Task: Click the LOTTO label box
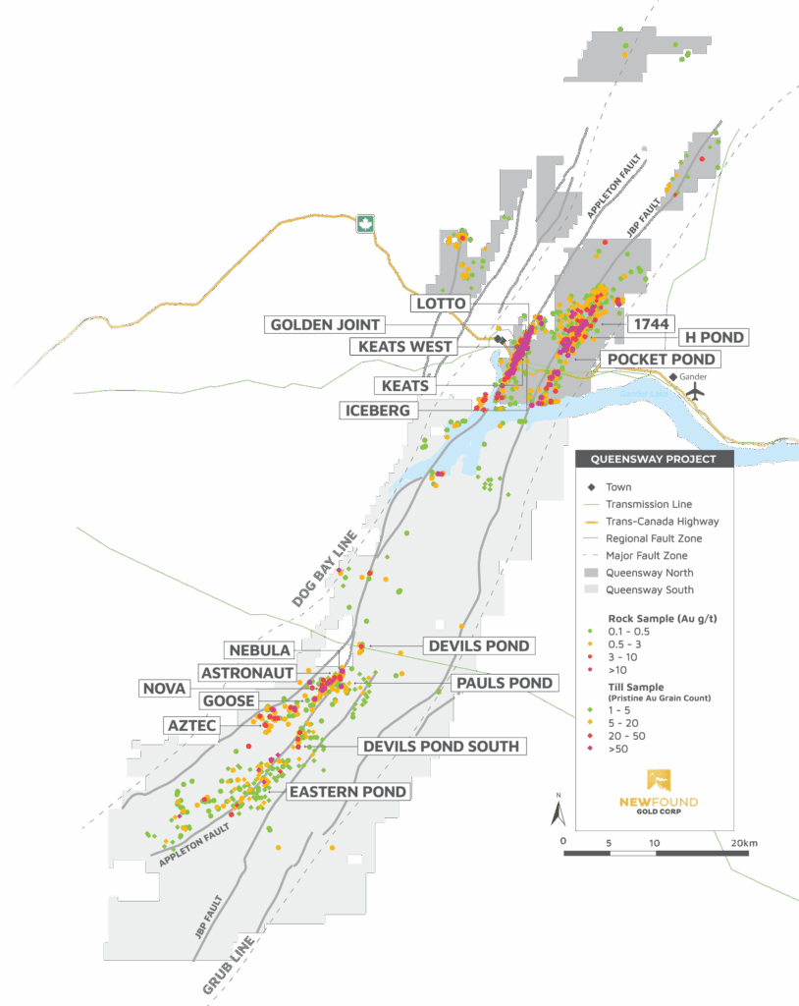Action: coord(440,304)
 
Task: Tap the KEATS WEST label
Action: coord(405,346)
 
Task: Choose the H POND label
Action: coord(713,337)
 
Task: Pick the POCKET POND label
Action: coord(663,360)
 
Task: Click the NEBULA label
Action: coord(258,650)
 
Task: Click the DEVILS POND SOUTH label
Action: coord(441,747)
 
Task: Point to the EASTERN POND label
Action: coord(346,791)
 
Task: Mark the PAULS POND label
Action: coord(504,683)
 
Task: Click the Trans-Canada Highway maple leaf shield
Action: coord(367,224)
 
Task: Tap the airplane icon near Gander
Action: coord(696,389)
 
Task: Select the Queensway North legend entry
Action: coord(648,573)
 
